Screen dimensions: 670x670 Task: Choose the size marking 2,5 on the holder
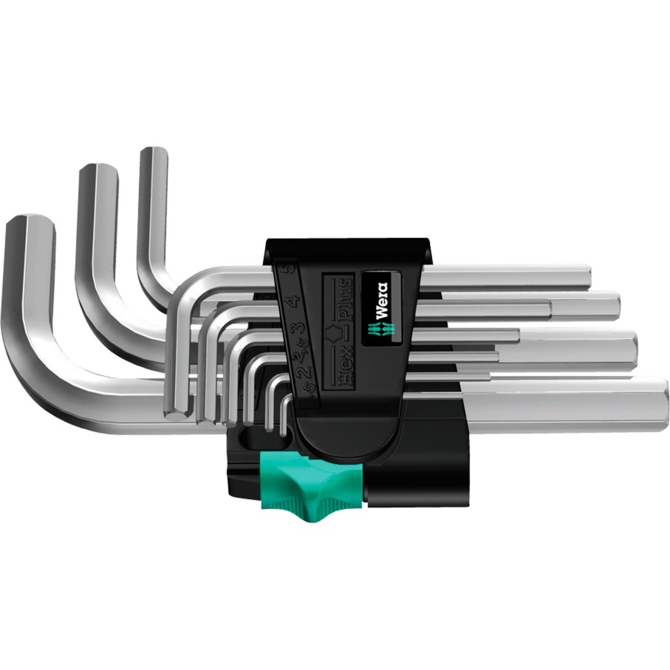(298, 353)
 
